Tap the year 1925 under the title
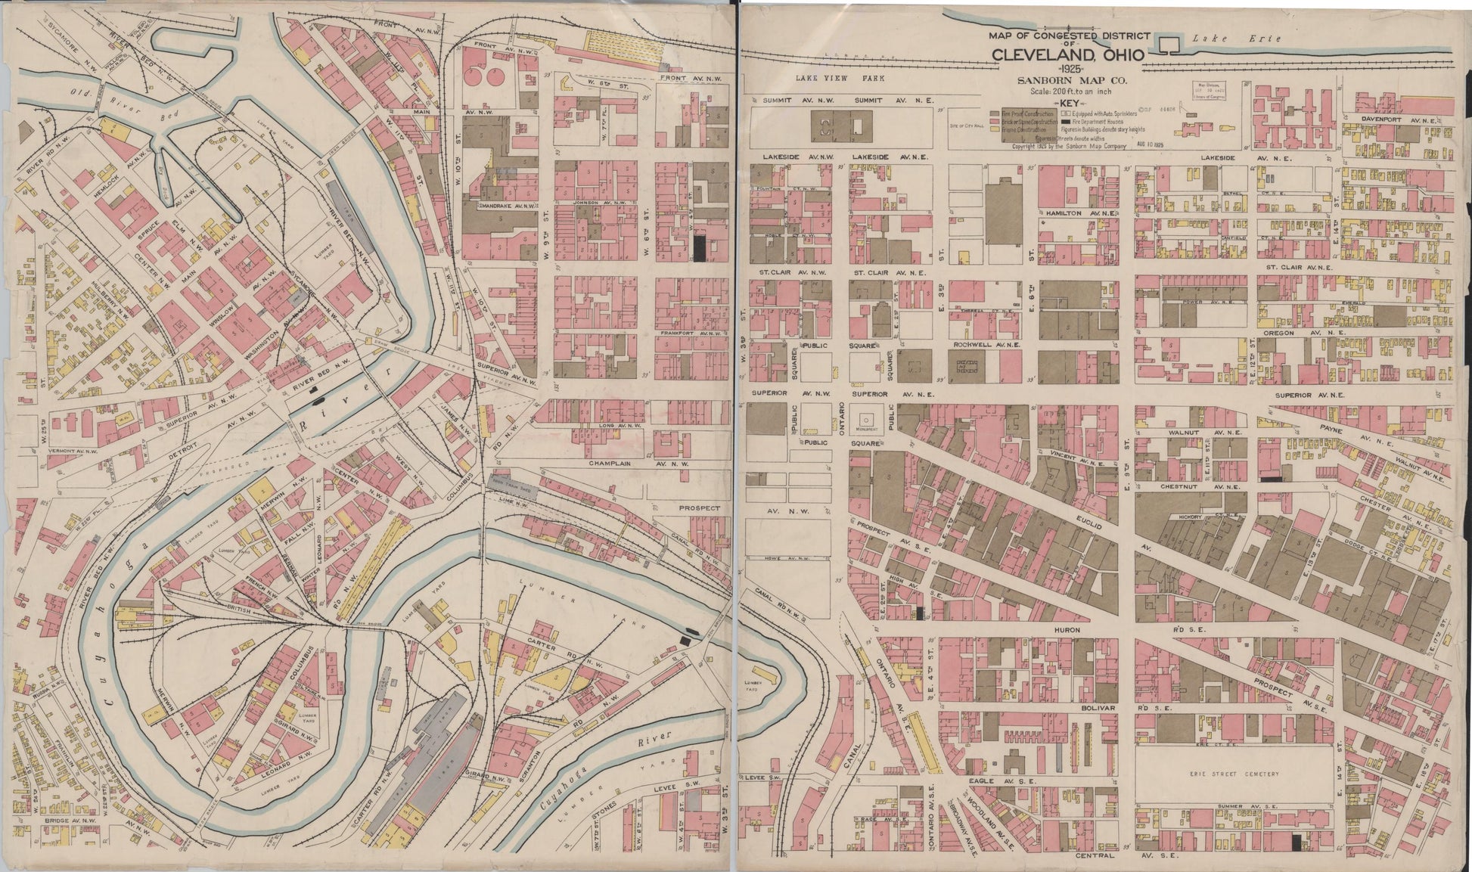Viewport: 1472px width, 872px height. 1071,70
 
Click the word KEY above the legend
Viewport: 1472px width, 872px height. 1070,104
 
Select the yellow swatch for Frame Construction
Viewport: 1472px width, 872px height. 995,129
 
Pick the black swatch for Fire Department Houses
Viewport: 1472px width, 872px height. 1066,122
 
